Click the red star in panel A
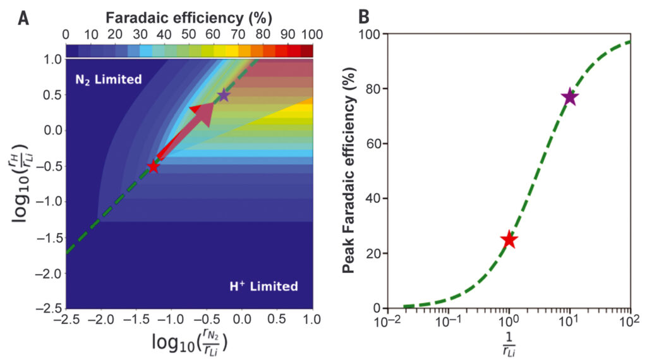click(x=153, y=167)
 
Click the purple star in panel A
click(x=224, y=95)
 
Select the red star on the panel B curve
click(x=509, y=240)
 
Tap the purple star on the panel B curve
click(x=570, y=97)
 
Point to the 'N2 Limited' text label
click(x=108, y=80)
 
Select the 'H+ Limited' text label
click(x=263, y=286)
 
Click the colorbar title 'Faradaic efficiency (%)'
click(x=190, y=16)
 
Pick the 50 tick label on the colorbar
click(x=190, y=34)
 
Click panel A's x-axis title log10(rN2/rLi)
click(x=190, y=343)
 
